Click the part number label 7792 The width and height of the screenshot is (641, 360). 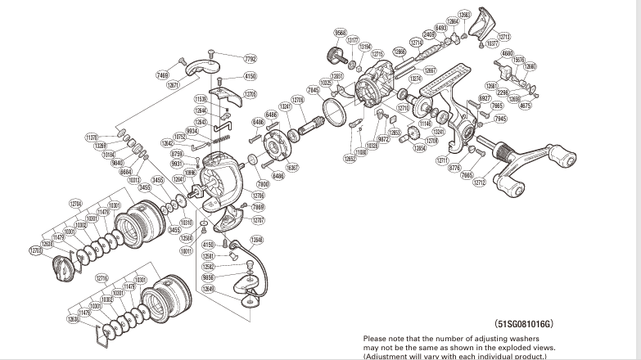[x=251, y=58]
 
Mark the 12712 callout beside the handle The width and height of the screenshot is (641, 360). [x=480, y=182]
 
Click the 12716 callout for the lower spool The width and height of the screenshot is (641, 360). [x=102, y=278]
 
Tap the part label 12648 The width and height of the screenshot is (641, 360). [x=256, y=240]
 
